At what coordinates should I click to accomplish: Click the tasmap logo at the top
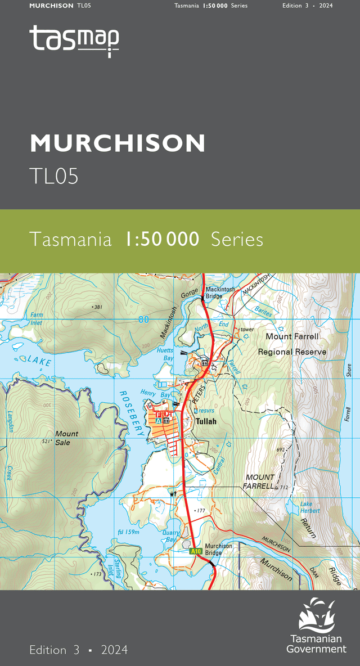coord(74,40)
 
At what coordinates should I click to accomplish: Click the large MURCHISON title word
coord(118,144)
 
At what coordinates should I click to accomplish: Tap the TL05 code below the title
coord(54,176)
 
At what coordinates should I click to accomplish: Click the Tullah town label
coord(205,421)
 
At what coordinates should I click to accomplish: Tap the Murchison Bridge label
coord(218,549)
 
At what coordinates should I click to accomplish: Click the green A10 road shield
coord(195,551)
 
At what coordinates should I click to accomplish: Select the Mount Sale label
coord(67,438)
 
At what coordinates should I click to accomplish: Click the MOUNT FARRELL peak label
coord(259,481)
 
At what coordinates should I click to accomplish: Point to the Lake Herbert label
coord(310,507)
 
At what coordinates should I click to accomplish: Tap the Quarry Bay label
coord(171,535)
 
